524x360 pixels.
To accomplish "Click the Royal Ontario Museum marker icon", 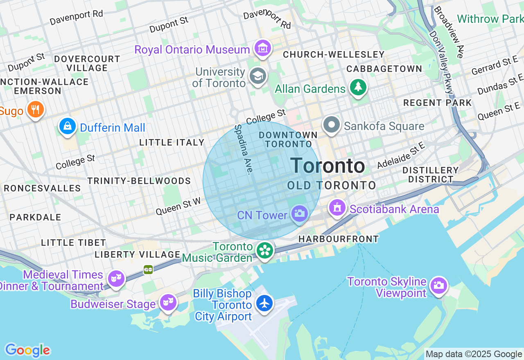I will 263,49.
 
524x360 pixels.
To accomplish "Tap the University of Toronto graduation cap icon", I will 258,76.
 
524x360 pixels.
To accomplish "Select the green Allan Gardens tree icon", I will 358,88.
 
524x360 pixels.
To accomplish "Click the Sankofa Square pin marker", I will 332,125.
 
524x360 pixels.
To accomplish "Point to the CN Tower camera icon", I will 300,214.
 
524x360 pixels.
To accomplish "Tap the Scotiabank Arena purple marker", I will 337,208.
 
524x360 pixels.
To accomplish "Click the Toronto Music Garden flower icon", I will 265,250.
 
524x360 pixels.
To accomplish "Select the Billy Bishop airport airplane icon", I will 265,304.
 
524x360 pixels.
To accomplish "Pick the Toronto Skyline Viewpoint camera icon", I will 439,285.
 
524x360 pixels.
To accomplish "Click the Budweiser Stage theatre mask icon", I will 168,302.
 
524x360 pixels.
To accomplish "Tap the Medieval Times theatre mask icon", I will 116,279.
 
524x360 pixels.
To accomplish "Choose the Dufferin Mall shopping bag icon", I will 68,126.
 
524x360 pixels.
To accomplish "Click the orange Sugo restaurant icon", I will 36,110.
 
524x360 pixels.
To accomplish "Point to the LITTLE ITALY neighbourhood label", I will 172,142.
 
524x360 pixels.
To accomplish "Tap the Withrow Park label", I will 490,19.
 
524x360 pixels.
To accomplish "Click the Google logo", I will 27,350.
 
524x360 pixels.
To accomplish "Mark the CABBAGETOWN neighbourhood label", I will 384,69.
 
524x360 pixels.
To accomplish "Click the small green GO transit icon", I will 148,269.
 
